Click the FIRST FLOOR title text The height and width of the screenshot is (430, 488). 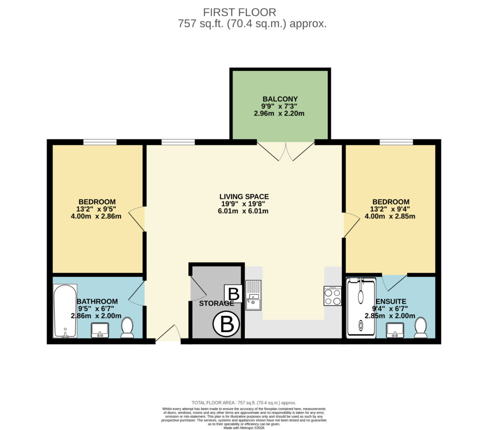click(x=239, y=12)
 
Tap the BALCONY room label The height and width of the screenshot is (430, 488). click(x=280, y=99)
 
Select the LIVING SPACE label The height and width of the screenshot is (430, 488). click(x=244, y=197)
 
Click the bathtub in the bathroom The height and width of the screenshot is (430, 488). click(x=65, y=310)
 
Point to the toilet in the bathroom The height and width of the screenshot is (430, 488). click(x=127, y=328)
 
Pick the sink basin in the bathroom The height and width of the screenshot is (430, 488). click(x=100, y=330)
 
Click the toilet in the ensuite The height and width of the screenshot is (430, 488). click(x=420, y=328)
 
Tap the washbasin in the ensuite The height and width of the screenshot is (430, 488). click(x=395, y=330)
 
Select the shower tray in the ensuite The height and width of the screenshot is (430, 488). click(x=361, y=308)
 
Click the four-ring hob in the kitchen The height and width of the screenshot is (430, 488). click(x=332, y=296)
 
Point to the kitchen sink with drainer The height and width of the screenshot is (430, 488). click(x=254, y=295)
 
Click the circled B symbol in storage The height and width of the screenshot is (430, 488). click(x=226, y=324)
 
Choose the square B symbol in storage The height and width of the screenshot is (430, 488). click(x=234, y=293)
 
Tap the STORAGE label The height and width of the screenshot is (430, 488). click(x=216, y=303)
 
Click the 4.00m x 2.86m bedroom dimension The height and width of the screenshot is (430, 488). click(x=96, y=216)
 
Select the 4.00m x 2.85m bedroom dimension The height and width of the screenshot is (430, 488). click(x=390, y=216)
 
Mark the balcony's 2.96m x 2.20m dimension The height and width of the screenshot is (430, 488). click(x=279, y=113)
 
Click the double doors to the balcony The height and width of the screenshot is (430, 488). click(x=286, y=151)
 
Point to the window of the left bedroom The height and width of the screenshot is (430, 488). click(x=100, y=142)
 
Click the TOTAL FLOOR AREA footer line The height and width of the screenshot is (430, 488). click(x=244, y=403)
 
